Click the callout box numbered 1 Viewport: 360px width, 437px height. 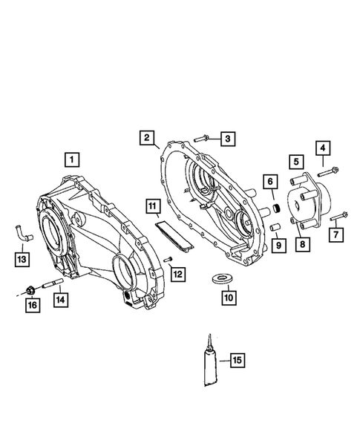[x=71, y=158]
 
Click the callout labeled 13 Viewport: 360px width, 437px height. [x=23, y=258]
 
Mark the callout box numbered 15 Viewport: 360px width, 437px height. [x=237, y=361]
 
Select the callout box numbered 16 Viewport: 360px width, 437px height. [x=31, y=304]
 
